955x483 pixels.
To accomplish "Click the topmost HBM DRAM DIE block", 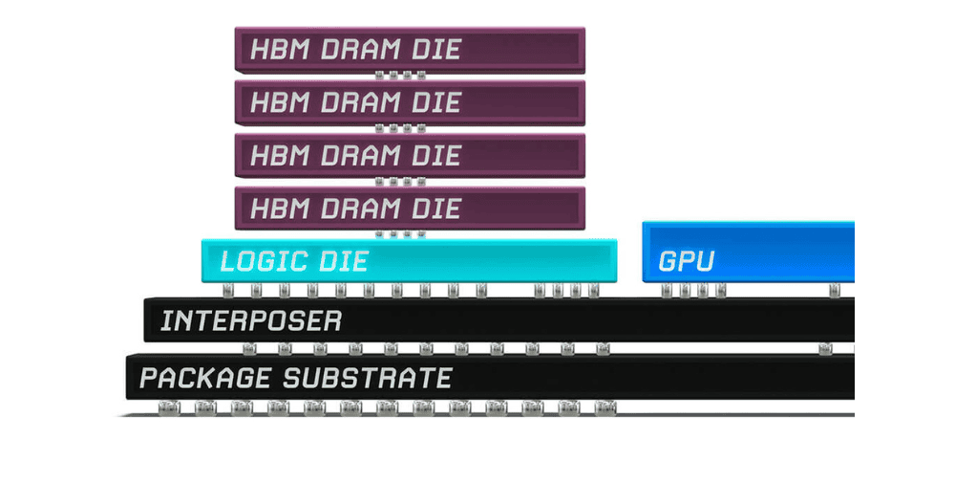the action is (410, 50).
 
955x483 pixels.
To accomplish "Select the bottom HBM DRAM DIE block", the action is (410, 209).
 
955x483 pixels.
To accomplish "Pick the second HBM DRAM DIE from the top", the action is (410, 103).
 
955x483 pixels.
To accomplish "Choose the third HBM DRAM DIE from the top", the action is (410, 156).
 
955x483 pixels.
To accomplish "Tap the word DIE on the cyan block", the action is (346, 261).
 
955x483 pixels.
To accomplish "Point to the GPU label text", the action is (687, 261).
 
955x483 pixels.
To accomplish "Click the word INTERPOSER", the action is (251, 320).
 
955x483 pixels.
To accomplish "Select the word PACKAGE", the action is (205, 378).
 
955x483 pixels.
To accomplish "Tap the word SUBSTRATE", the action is (368, 378).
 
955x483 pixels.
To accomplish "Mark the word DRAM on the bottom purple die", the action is (360, 209).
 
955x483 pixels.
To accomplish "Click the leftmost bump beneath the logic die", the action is (228, 291).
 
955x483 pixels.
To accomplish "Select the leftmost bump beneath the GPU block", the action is (667, 291).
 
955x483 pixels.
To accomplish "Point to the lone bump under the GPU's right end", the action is (834, 291).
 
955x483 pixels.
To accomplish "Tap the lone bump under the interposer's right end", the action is (825, 349).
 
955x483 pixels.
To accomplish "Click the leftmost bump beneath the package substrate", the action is (169, 407).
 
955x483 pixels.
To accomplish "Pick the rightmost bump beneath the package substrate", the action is (605, 407).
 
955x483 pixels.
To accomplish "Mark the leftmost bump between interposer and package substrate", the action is (249, 349).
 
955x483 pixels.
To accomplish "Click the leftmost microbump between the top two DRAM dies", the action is (379, 76).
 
